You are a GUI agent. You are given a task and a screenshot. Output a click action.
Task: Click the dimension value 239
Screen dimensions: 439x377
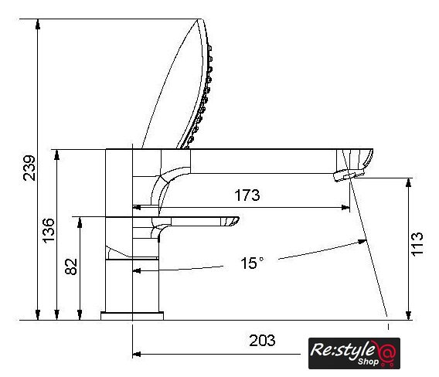coord(29,168)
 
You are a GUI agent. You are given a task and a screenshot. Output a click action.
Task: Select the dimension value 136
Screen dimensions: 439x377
coord(48,231)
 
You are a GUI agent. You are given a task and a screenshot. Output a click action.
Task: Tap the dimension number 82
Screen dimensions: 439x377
coord(71,267)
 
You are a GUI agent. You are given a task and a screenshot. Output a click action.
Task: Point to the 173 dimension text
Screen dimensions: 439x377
coord(247,195)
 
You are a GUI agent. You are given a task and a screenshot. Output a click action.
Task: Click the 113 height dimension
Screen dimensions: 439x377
coord(417,243)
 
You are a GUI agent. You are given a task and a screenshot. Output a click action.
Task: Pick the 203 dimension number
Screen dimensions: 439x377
coord(262,341)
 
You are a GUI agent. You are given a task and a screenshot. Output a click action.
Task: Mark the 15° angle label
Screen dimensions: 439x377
coord(252,263)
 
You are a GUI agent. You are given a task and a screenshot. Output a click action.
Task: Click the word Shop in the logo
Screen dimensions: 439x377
coord(368,362)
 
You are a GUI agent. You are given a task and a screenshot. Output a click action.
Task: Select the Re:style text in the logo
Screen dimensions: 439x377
coord(342,350)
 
